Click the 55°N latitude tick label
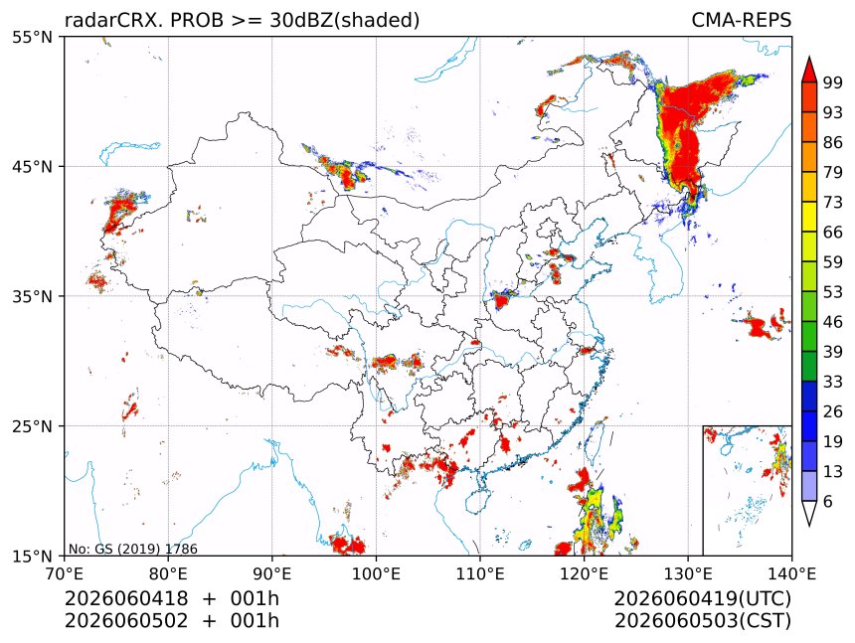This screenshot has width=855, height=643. [32, 37]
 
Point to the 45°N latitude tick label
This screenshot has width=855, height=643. [32, 166]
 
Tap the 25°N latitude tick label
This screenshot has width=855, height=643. [32, 425]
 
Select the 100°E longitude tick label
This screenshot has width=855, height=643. [376, 573]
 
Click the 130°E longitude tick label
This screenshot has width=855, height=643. [688, 573]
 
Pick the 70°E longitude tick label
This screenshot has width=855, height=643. [65, 573]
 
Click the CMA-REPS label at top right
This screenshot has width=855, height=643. [741, 20]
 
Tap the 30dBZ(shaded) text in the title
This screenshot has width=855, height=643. [344, 21]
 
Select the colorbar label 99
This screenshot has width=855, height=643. [833, 82]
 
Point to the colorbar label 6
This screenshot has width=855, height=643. [828, 501]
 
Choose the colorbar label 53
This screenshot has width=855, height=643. [833, 292]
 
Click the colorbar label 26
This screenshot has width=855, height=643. [833, 411]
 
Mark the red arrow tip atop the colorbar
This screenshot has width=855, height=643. [809, 57]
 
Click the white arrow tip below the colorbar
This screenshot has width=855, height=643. [809, 526]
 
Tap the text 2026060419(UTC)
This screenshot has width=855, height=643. [702, 599]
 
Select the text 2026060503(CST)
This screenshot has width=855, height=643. [702, 621]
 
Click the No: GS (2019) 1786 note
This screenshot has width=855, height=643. [133, 549]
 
